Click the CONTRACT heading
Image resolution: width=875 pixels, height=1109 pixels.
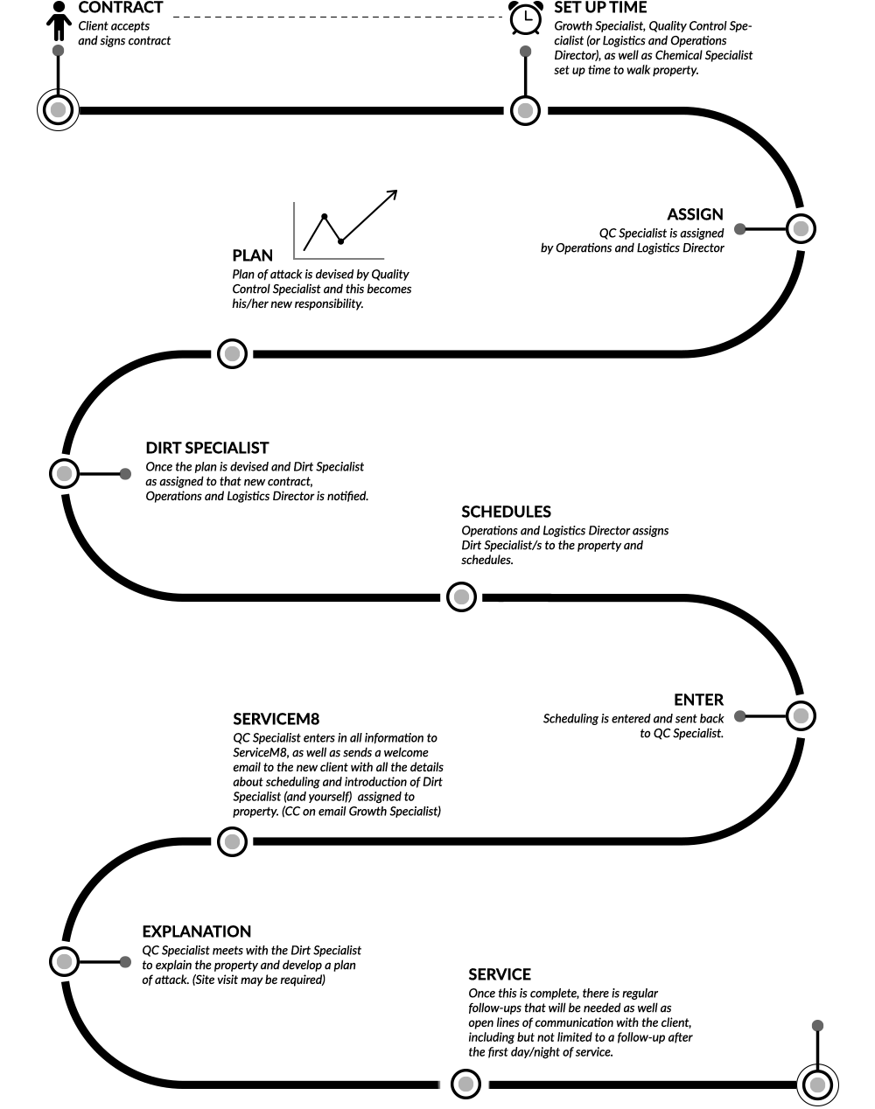(x=121, y=8)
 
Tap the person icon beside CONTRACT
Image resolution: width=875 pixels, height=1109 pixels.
(x=59, y=21)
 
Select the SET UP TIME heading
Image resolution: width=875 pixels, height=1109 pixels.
(x=600, y=8)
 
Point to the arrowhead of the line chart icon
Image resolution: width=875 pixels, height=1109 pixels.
(x=393, y=194)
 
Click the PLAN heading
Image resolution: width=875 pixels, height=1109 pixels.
(x=253, y=255)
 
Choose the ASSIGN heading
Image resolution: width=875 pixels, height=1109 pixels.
(x=695, y=214)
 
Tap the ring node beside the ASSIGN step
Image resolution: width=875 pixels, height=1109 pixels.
(x=801, y=229)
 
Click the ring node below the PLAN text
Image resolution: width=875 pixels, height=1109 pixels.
(x=233, y=353)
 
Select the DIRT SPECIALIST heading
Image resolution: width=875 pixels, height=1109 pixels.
(x=207, y=448)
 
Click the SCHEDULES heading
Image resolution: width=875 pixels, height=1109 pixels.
(x=507, y=512)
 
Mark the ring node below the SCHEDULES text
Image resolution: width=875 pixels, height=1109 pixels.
(x=461, y=596)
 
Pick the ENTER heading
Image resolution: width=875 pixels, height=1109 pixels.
(x=698, y=700)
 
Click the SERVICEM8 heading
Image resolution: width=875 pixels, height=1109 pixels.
(x=276, y=719)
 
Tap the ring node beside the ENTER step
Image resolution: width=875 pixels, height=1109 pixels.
(x=801, y=715)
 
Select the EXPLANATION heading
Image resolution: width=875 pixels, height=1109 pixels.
(x=197, y=931)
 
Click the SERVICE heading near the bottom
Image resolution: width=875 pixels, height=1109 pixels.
(x=500, y=974)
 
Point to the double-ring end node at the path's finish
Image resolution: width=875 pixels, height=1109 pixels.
(x=818, y=1085)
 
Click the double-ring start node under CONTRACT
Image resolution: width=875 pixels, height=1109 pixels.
(x=59, y=110)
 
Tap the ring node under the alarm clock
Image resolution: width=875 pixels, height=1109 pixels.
(x=525, y=110)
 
